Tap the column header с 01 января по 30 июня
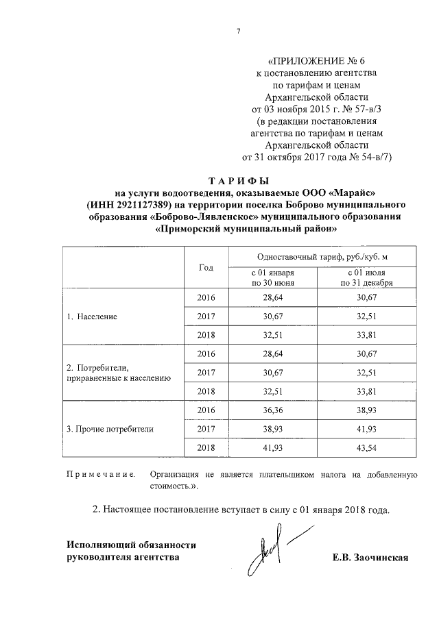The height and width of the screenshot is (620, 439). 273,277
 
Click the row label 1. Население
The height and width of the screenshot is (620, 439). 92,317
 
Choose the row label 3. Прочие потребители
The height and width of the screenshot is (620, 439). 110,429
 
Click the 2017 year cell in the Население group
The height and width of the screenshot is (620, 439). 206,317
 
